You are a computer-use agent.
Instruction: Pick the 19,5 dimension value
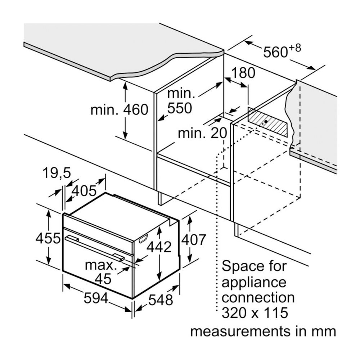click(56, 174)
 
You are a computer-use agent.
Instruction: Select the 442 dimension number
click(158, 247)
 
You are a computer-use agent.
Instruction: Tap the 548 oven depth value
click(161, 300)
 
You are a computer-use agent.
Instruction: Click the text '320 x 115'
click(255, 313)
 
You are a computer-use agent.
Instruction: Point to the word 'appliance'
click(254, 282)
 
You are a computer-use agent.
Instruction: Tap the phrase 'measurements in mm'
click(263, 331)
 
